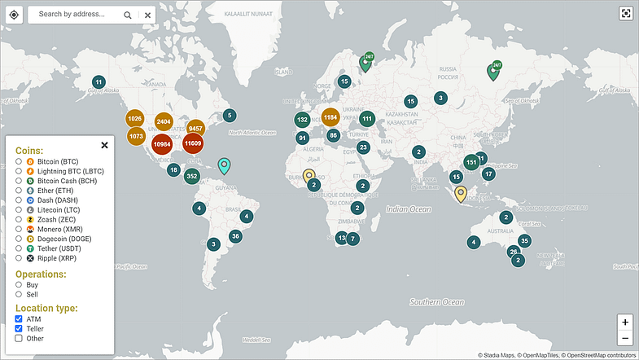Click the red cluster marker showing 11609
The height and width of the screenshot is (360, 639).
193,144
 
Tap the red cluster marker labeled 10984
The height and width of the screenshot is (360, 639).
162,144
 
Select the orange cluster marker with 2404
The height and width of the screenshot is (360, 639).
164,121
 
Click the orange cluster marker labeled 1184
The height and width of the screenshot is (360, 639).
330,117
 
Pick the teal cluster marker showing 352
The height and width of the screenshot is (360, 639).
192,176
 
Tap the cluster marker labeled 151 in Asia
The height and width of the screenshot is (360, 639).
470,162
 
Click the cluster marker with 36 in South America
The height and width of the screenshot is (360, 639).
235,237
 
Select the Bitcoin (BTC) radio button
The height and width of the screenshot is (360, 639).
19,162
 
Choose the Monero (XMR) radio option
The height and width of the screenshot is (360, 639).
19,229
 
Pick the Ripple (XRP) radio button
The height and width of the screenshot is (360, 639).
19,257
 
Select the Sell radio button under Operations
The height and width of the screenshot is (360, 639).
19,294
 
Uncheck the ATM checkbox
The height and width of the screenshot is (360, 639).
19,319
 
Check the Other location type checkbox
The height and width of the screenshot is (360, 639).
19,338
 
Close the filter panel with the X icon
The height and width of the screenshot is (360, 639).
104,146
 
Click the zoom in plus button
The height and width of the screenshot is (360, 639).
624,323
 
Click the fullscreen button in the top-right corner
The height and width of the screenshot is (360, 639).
625,13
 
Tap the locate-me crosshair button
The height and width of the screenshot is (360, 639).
14,15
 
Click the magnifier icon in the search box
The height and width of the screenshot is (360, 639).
128,15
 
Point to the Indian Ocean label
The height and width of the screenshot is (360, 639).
408,209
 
